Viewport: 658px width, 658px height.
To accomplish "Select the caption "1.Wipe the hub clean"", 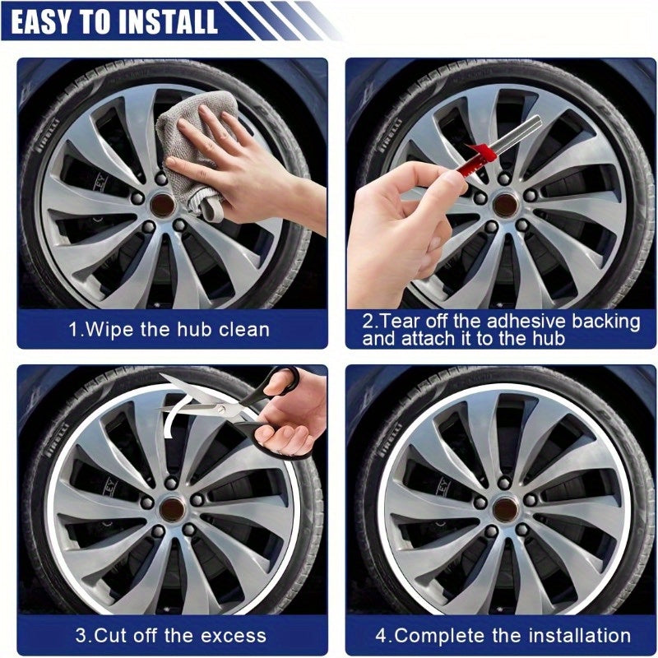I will point(168,330).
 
